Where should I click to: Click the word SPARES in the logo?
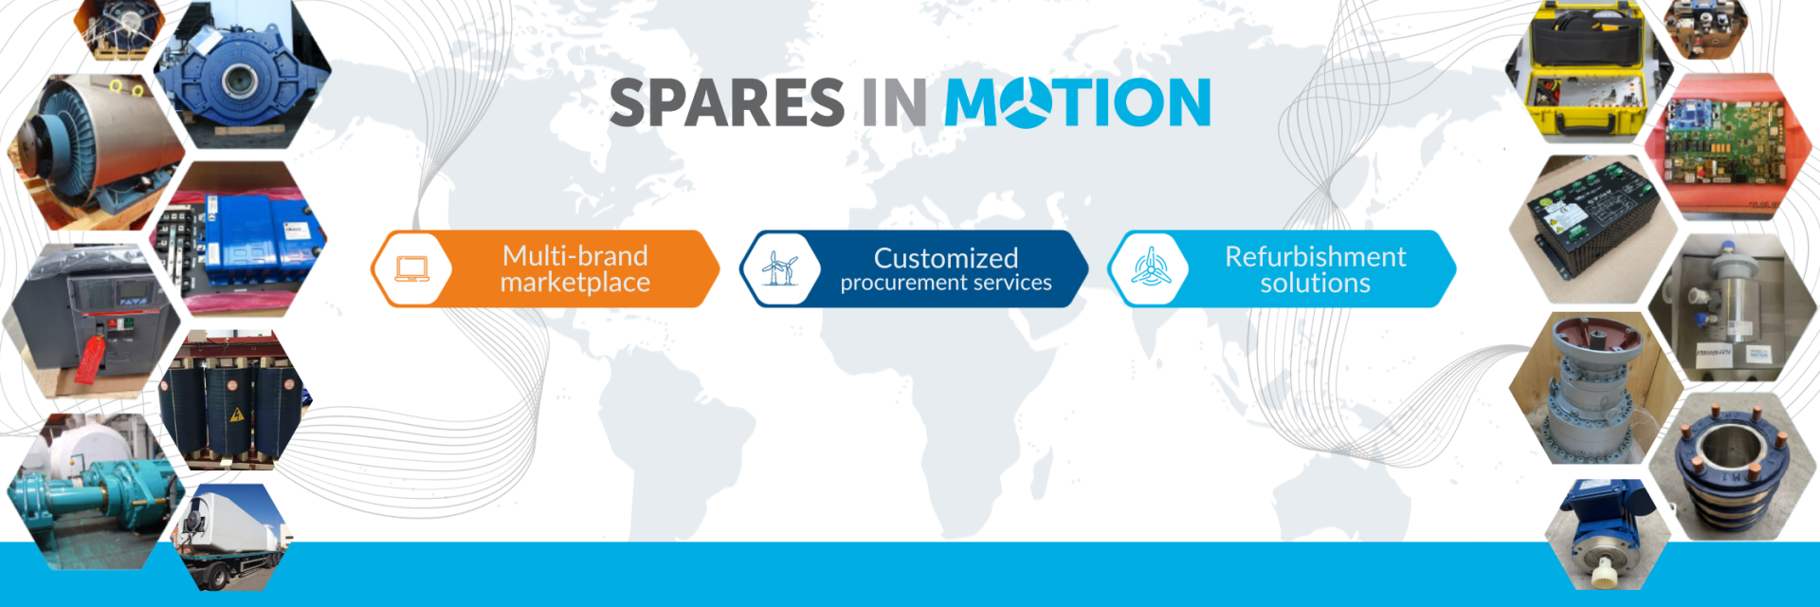726,102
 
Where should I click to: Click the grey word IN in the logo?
895,102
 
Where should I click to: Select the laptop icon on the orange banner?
412,269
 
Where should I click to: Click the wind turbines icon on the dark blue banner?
780,268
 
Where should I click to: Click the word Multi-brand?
575,256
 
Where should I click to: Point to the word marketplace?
575,283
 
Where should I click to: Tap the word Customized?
946,258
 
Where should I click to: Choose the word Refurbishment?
1316,257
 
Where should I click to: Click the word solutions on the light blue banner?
1316,283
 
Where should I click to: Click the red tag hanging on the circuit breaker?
89,358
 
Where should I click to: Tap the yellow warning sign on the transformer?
237,414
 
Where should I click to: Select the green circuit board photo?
1727,146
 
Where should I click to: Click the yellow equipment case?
1588,71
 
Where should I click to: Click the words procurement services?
946,283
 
